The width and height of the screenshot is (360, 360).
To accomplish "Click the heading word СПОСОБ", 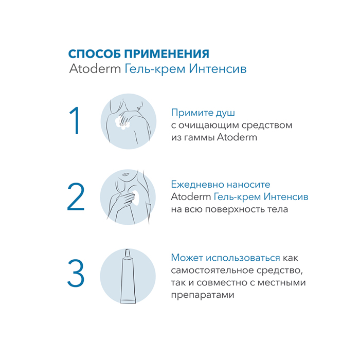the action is pyautogui.click(x=95, y=54).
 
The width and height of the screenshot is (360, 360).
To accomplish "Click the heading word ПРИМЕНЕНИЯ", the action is pyautogui.click(x=167, y=54).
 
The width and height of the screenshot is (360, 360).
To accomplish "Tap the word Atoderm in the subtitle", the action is pyautogui.click(x=95, y=68).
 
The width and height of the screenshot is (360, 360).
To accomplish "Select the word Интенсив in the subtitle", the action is pyautogui.click(x=218, y=68).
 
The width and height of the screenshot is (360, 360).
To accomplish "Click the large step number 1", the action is pyautogui.click(x=75, y=120).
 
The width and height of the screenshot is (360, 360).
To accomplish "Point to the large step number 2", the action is pyautogui.click(x=76, y=196).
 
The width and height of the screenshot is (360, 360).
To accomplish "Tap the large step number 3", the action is pyautogui.click(x=76, y=273).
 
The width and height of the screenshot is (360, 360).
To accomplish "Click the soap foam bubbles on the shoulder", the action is pyautogui.click(x=122, y=123).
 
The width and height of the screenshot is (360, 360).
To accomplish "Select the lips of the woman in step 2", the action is pyautogui.click(x=125, y=174).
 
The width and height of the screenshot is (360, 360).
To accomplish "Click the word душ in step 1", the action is pyautogui.click(x=225, y=113).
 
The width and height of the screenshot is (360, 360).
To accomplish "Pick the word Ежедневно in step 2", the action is pyautogui.click(x=197, y=185).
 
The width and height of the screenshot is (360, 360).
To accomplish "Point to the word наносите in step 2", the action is pyautogui.click(x=248, y=185).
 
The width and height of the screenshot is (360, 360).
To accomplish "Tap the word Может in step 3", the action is pyautogui.click(x=187, y=258).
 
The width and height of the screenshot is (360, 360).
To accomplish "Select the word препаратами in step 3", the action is pyautogui.click(x=203, y=295).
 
